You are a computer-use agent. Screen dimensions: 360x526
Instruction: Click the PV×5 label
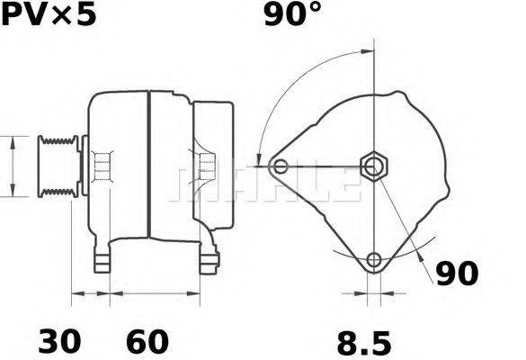tap(47, 15)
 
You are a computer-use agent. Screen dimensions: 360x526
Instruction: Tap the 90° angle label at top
tap(292, 15)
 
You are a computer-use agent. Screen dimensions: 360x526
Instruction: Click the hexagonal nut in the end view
tap(372, 166)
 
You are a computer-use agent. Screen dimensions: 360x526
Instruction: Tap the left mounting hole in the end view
tap(281, 166)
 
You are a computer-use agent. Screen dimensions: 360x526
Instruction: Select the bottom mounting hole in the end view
tap(373, 261)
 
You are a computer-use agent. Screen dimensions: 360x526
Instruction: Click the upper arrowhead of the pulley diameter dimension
tap(13, 141)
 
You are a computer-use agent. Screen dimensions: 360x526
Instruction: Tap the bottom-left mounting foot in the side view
tap(103, 260)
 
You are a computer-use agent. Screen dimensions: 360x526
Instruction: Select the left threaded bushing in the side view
tap(102, 166)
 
